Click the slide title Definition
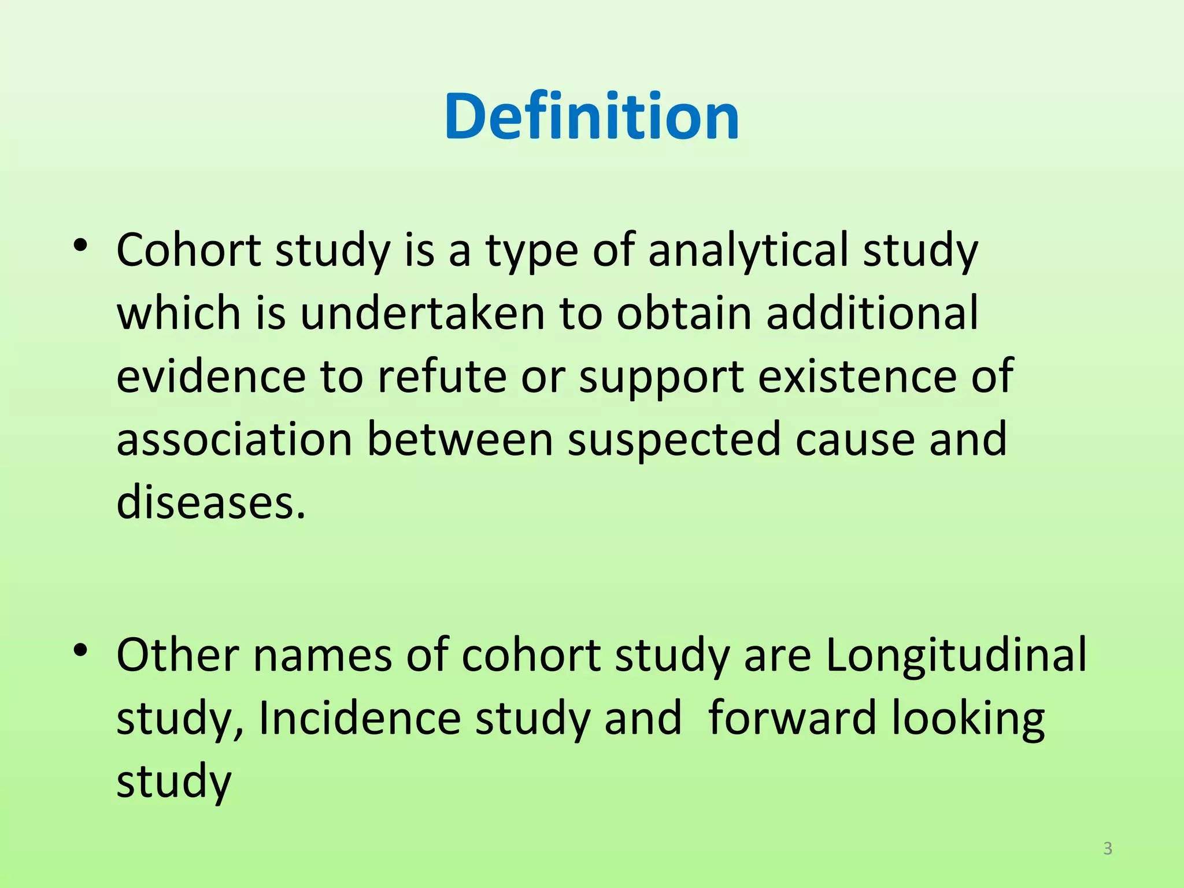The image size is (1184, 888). (x=591, y=117)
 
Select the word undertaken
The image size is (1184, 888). (x=423, y=314)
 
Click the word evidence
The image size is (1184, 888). (x=211, y=377)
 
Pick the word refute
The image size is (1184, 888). (x=442, y=377)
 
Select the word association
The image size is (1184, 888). (x=234, y=440)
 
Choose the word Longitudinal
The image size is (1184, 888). (x=956, y=656)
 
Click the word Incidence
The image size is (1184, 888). (x=359, y=719)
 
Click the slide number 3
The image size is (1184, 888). (x=1108, y=849)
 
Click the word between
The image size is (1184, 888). (x=460, y=440)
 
